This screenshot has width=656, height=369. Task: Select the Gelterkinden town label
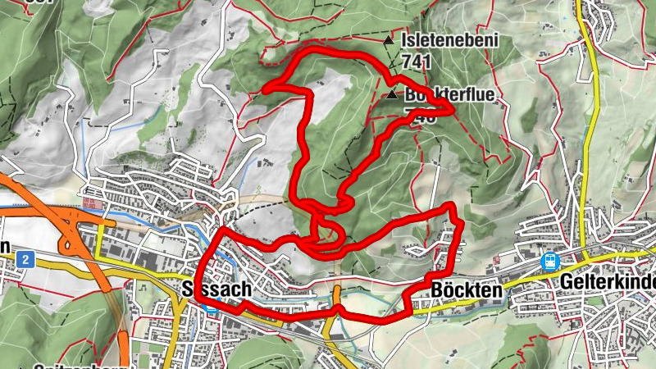point(609,281)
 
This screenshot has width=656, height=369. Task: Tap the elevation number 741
point(417,61)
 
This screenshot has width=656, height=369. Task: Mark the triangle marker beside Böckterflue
point(392,95)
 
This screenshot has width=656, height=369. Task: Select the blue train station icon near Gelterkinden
point(549,262)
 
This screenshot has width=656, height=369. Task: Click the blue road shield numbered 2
point(26,260)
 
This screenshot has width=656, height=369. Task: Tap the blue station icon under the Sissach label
point(212,308)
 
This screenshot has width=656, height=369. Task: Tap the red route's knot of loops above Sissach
point(320,234)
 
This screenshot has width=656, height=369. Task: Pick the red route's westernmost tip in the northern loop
point(266,88)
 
